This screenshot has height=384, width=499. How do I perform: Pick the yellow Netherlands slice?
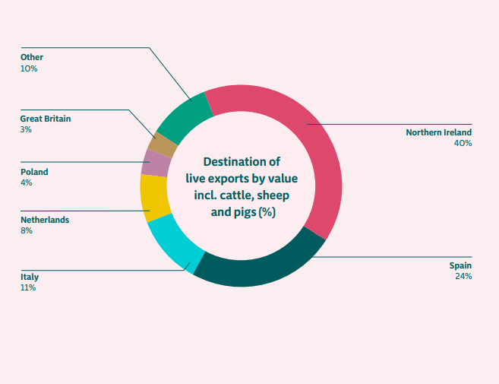154,197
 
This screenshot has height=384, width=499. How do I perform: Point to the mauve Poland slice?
155,163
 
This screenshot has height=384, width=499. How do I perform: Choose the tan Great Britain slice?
163,144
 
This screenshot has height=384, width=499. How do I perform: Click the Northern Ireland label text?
438,132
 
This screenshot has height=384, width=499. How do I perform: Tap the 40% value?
463,143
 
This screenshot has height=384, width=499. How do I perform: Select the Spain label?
460,265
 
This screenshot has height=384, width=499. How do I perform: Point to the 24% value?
463,276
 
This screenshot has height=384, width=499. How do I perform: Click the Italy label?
30,277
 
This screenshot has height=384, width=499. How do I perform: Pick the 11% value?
28,287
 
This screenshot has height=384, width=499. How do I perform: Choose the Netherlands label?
45,220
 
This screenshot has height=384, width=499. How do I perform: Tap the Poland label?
34,172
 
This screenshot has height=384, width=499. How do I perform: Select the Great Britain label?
46,119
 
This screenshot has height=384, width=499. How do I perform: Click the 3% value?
26,129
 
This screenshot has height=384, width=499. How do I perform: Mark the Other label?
32,57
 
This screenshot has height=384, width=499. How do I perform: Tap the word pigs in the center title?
245,212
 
